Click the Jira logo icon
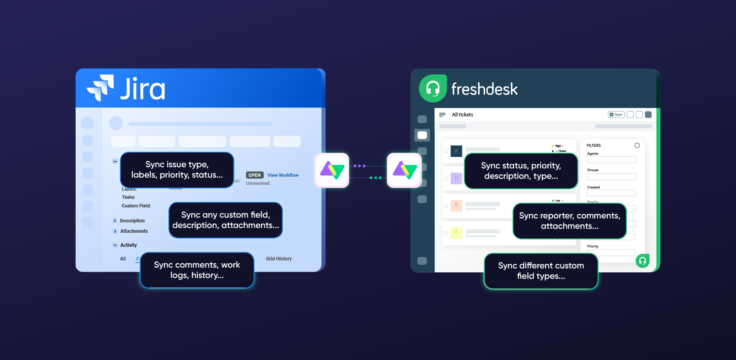tap(100, 88)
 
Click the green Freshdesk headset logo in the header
tap(432, 88)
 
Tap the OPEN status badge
tap(254, 175)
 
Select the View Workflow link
tap(283, 175)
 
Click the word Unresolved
tap(258, 183)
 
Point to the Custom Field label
tap(136, 206)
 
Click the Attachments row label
tap(134, 231)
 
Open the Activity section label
tap(128, 245)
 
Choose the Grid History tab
tap(279, 259)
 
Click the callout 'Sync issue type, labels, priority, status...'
tap(177, 170)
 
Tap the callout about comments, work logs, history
tap(197, 270)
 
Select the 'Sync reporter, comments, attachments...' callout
tap(569, 221)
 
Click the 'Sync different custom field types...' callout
tap(541, 271)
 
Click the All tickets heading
tap(462, 115)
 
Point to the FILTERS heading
tap(594, 146)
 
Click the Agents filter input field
tap(611, 160)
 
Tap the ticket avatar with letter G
tap(456, 205)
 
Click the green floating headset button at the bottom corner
tap(642, 261)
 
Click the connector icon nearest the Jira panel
tap(332, 170)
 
